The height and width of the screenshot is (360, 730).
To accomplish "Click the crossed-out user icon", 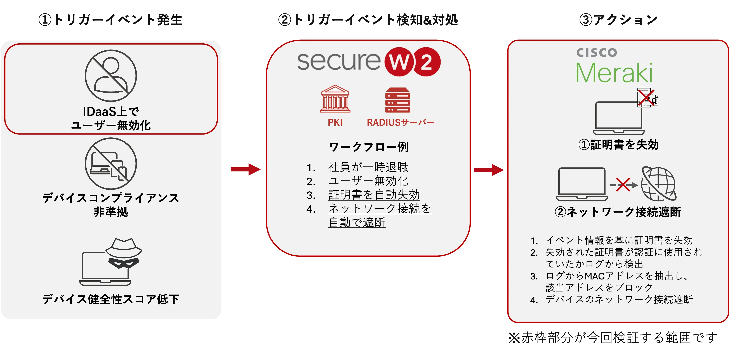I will click(x=111, y=75).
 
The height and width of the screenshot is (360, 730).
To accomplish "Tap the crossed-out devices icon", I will click(x=111, y=164).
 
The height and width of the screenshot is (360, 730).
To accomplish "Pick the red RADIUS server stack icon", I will click(x=398, y=100).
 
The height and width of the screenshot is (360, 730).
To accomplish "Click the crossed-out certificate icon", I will click(x=647, y=98).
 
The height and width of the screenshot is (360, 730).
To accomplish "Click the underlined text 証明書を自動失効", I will click(x=374, y=195).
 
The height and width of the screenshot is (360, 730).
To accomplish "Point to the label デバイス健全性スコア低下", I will click(x=111, y=299).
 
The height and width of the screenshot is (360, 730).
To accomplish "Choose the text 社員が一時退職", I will click(x=368, y=167).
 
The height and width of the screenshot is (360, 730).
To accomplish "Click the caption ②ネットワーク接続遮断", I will click(x=618, y=212).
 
